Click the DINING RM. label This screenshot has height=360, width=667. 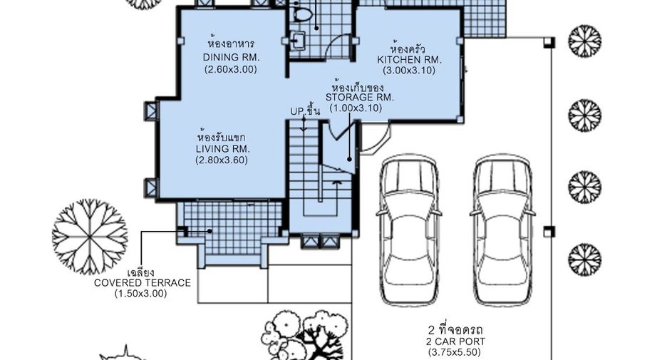click(231, 58)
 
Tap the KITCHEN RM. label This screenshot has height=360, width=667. click(409, 60)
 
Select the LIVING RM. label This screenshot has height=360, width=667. click(223, 149)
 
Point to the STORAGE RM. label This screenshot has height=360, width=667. click(359, 97)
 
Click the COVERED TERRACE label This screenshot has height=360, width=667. click(142, 283)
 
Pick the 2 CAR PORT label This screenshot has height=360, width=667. click(455, 341)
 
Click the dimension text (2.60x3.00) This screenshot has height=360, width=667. click(231, 69)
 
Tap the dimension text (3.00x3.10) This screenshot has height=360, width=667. click(409, 71)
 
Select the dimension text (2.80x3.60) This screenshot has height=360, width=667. click(222, 160)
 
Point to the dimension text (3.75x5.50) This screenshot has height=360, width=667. click(455, 352)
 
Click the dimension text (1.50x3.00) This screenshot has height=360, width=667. click(141, 294)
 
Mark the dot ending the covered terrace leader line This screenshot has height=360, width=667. click(210, 231)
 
